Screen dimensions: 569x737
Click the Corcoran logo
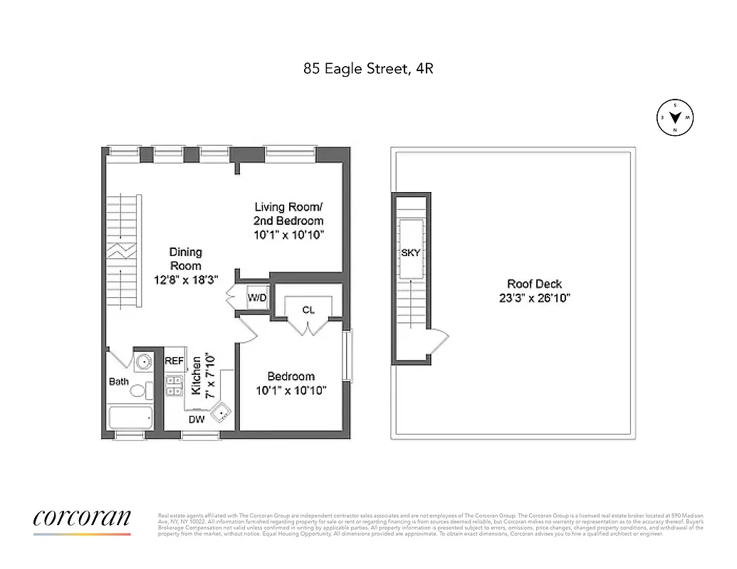82,519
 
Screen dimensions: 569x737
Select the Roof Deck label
534,284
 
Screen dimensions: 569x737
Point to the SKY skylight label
411,252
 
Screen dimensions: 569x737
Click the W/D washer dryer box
257,298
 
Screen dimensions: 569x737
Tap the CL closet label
308,310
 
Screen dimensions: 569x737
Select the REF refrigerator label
174,361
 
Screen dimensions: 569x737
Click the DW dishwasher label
197,420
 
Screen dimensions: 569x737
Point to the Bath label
119,382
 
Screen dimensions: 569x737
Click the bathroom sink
144,361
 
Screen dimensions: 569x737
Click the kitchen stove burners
174,385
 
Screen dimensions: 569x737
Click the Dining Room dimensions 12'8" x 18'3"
186,280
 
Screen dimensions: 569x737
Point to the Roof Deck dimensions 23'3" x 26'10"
534,298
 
